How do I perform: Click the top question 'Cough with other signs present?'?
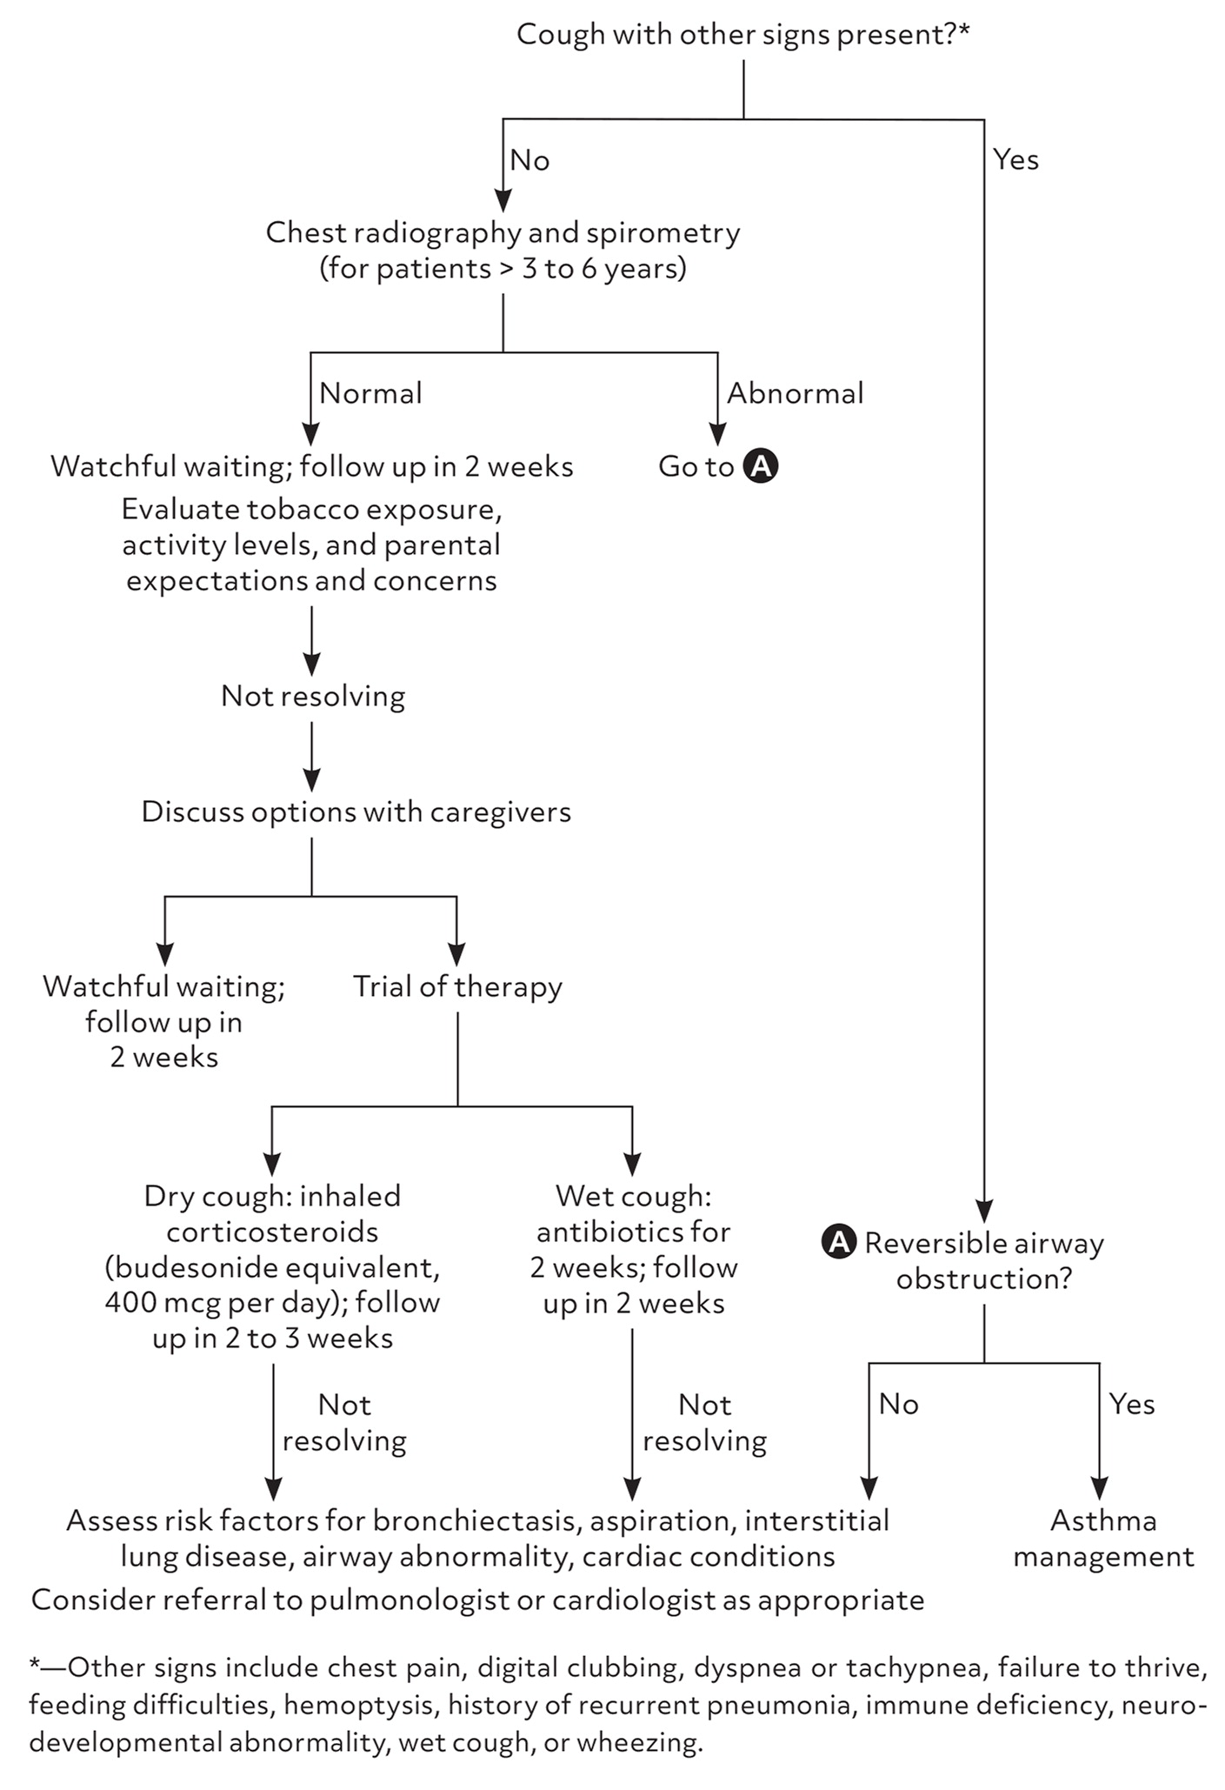click(742, 35)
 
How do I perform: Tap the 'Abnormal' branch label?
click(795, 394)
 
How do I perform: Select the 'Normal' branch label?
click(370, 394)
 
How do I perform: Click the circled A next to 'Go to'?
click(761, 466)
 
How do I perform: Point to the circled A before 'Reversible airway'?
click(838, 1243)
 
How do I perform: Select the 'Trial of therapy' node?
click(457, 986)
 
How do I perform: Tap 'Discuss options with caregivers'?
click(356, 812)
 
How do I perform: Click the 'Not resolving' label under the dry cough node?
click(344, 1423)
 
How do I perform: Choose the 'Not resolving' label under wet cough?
click(704, 1423)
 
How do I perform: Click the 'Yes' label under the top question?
click(1015, 160)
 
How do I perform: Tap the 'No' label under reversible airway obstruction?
click(898, 1405)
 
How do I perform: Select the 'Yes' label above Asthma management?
click(1131, 1405)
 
